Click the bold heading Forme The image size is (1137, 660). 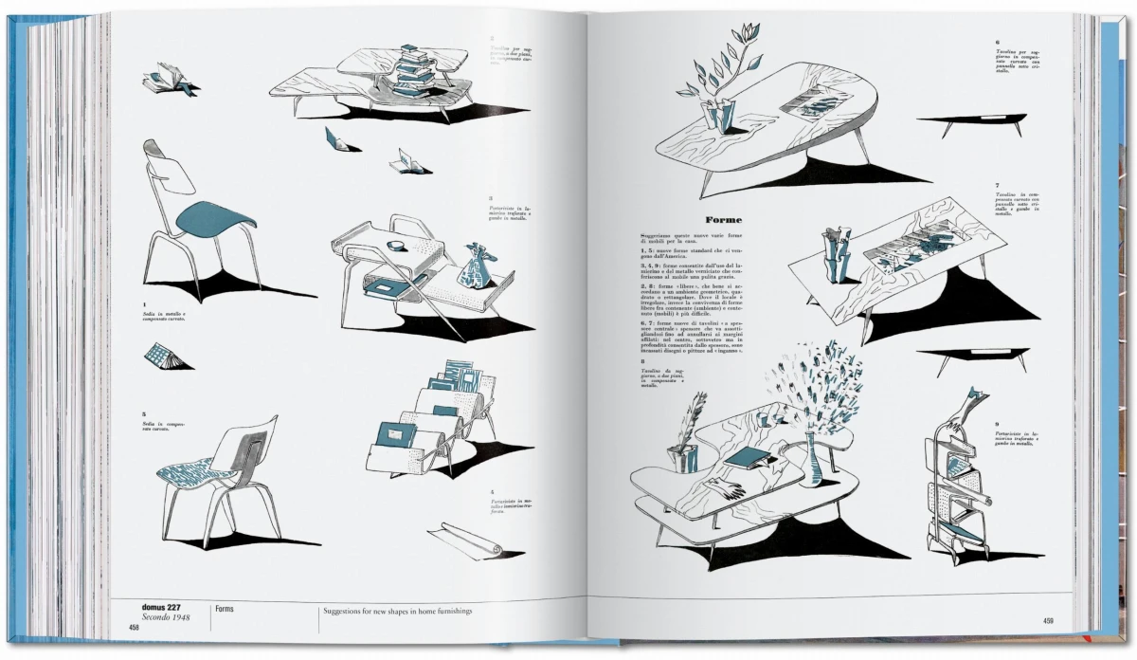(722, 219)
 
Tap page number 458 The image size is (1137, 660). (133, 627)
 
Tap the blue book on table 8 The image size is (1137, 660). (745, 458)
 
